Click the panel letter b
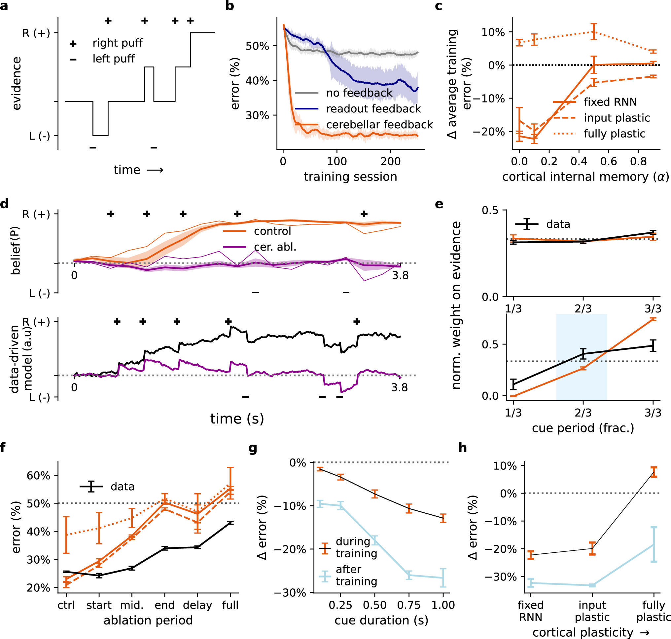tap(230, 6)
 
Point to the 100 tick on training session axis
tap(337, 161)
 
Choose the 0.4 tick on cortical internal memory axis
tap(579, 161)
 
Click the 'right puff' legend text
tap(117, 43)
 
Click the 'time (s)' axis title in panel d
tap(237, 419)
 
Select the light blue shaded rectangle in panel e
tap(581, 357)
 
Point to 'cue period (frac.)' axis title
tap(583, 428)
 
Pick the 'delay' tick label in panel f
tap(197, 605)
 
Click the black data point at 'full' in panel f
tap(230, 523)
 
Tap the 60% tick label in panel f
tap(38, 475)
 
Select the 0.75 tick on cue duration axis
tap(409, 605)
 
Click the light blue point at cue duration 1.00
tap(443, 578)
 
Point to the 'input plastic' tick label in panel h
tap(592, 611)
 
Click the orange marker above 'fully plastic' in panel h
tap(653, 472)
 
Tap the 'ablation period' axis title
tap(148, 620)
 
